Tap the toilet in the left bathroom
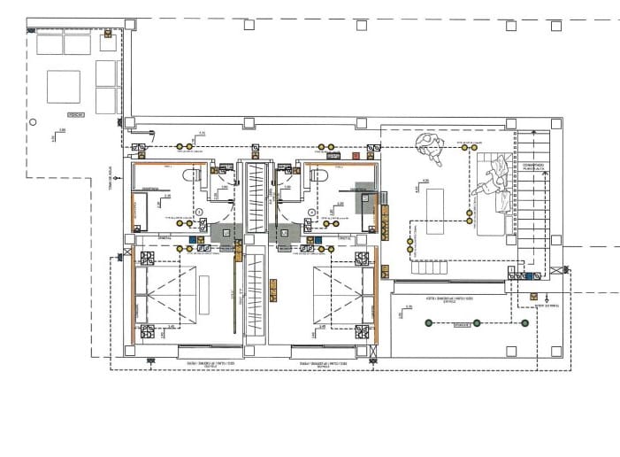point(190,177)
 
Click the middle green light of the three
point(476,322)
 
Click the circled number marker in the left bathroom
point(200,212)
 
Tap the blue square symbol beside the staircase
point(525,276)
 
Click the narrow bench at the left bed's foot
point(203,295)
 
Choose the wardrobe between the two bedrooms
point(255,297)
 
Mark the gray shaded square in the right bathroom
point(364,198)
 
